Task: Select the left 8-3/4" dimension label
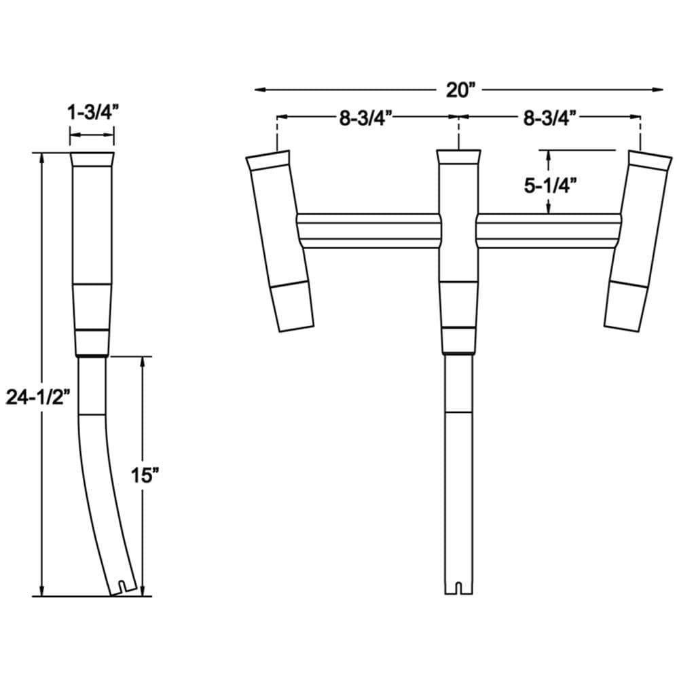pos(367,117)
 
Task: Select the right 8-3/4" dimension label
pos(550,117)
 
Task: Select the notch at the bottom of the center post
pos(458,587)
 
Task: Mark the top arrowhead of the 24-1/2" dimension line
pos(43,158)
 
